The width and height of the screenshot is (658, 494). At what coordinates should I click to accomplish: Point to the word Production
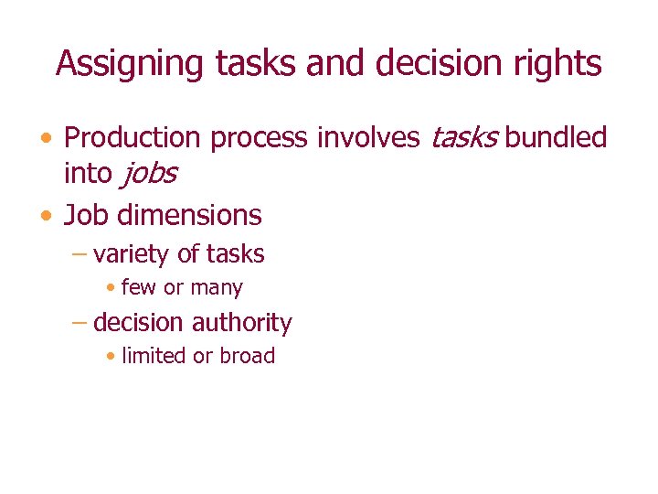click(x=133, y=138)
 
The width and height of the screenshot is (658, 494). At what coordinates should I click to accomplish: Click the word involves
click(x=368, y=138)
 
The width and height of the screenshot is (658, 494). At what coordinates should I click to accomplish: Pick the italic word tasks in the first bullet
click(x=463, y=138)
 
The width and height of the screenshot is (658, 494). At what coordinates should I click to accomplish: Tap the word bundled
click(x=556, y=138)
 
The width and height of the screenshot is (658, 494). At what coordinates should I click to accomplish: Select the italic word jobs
click(x=145, y=173)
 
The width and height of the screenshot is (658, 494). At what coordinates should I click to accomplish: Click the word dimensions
click(x=192, y=216)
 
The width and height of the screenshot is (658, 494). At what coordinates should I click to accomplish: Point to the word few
click(x=139, y=288)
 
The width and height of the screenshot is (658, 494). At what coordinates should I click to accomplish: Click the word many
click(x=216, y=288)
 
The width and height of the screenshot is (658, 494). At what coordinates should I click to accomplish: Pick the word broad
click(x=246, y=357)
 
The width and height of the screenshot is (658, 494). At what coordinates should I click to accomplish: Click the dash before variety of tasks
click(x=80, y=255)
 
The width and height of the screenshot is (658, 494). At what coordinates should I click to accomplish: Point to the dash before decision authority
click(x=80, y=324)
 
